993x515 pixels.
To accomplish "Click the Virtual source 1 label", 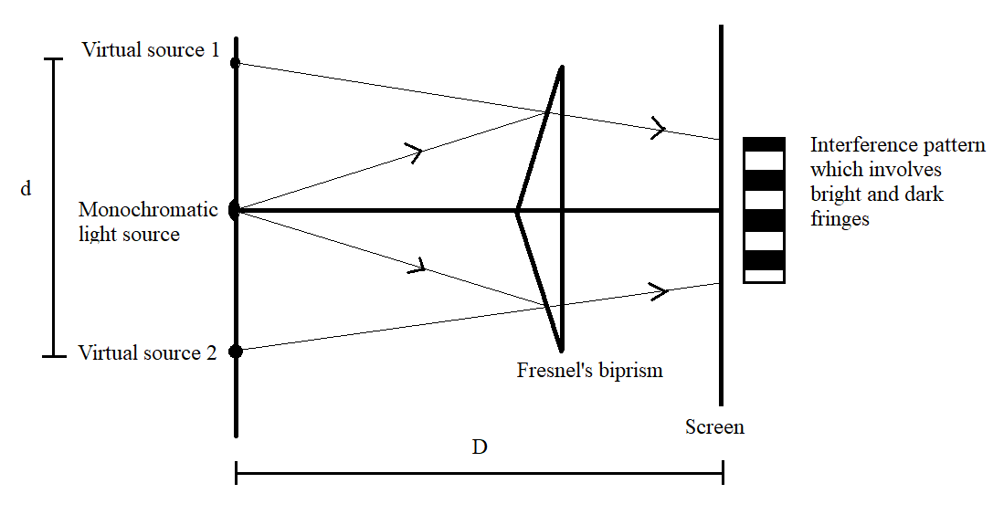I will (151, 50).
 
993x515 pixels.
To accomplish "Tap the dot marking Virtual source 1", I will (236, 63).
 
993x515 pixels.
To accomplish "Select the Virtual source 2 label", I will (147, 352).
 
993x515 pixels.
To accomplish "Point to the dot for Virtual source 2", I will (236, 351).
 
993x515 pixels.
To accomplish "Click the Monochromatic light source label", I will (147, 222).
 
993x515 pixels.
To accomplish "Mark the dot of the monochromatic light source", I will (235, 210).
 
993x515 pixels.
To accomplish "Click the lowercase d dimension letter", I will (26, 189).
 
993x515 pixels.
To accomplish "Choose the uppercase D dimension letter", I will (479, 447).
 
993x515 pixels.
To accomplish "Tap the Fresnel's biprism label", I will (589, 371).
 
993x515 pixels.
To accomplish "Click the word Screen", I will (714, 426).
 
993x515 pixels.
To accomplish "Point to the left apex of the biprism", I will (518, 211).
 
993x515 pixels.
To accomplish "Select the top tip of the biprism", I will (562, 68).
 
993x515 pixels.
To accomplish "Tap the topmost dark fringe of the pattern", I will (764, 143).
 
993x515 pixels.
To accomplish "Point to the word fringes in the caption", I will (840, 219).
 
